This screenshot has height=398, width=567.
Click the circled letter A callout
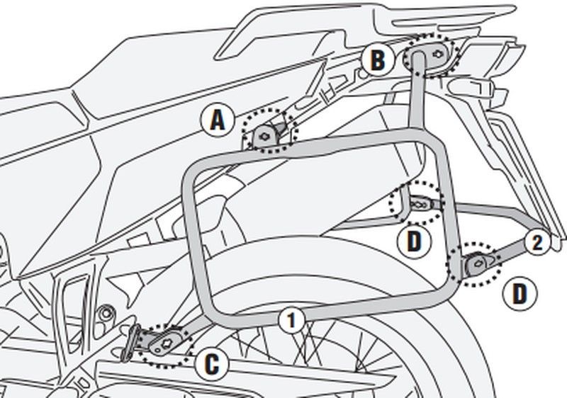tap(218, 120)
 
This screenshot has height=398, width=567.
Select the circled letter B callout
tap(378, 60)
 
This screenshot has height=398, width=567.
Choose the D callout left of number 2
tap(414, 241)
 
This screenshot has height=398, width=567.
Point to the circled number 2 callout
tap(537, 243)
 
